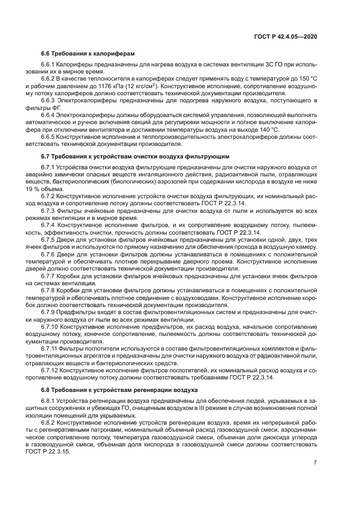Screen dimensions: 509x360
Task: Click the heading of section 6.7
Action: point(135,156)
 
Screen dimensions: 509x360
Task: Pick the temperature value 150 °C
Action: point(307,79)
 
